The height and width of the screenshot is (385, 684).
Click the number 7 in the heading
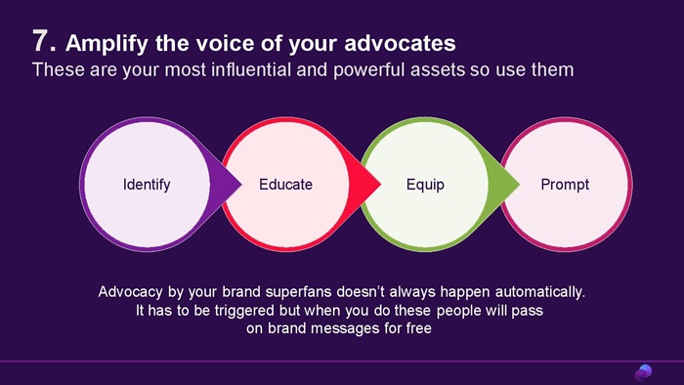(x=41, y=41)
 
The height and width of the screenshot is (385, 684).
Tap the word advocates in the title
(x=400, y=43)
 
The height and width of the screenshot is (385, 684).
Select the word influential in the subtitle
(x=251, y=69)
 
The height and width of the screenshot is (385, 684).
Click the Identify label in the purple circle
(x=147, y=185)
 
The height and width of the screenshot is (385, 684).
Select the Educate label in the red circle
(x=285, y=185)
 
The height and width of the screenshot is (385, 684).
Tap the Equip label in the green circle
(x=425, y=185)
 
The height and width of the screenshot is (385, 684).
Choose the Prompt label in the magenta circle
(x=565, y=185)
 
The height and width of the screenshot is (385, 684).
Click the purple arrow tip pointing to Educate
(x=241, y=184)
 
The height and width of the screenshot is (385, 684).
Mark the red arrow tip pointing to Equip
(x=381, y=184)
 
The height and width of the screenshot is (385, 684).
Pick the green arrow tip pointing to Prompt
(x=520, y=184)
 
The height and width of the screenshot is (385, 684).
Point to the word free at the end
(x=419, y=328)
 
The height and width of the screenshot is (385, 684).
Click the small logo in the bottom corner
(x=643, y=373)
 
